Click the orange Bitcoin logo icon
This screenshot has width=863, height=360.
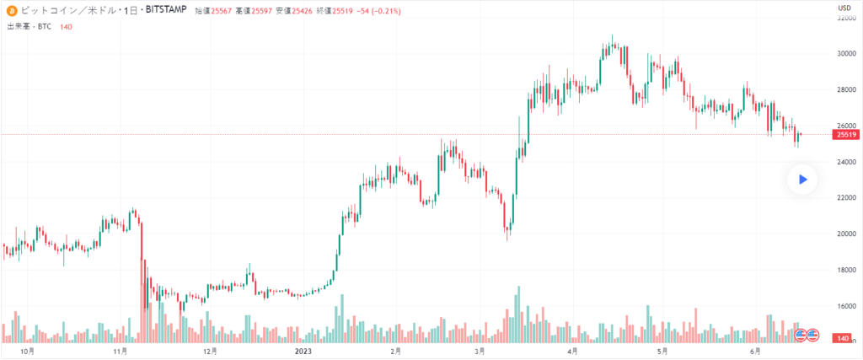coord(12,12)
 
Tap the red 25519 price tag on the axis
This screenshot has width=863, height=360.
coord(845,135)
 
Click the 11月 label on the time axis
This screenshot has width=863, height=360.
coord(119,351)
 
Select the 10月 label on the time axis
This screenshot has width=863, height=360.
coord(28,351)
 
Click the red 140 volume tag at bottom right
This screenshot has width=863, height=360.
coord(843,338)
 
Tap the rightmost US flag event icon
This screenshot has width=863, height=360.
coord(813,335)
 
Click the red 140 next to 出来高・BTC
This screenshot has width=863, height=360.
coord(66,27)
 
